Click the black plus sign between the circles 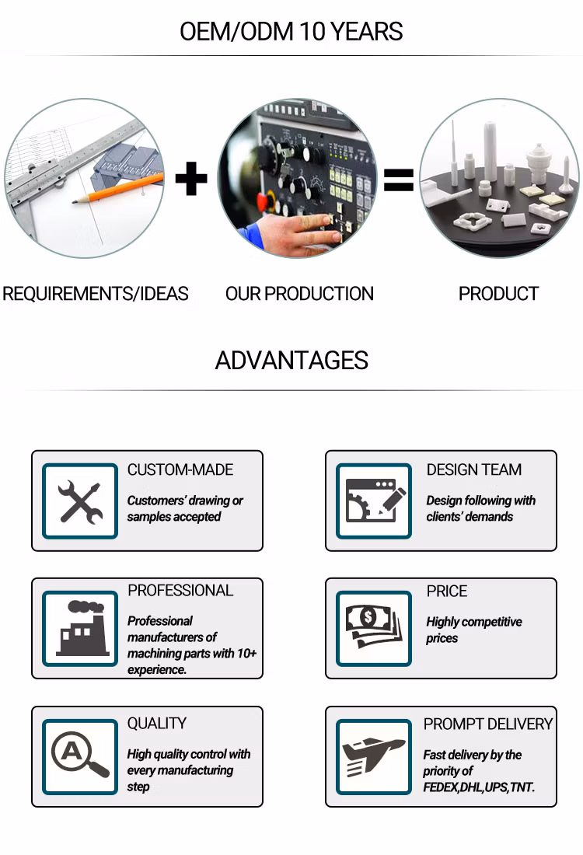pyautogui.click(x=191, y=178)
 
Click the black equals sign pyautogui.click(x=399, y=180)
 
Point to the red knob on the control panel pyautogui.click(x=263, y=202)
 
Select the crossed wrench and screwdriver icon pyautogui.click(x=80, y=501)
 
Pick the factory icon pyautogui.click(x=80, y=628)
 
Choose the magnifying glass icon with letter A pyautogui.click(x=80, y=756)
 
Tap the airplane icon pyautogui.click(x=374, y=757)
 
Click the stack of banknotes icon pyautogui.click(x=374, y=627)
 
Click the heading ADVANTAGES pyautogui.click(x=291, y=361)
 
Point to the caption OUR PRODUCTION pyautogui.click(x=299, y=294)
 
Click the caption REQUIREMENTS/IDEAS pyautogui.click(x=96, y=294)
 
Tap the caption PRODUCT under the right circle pyautogui.click(x=498, y=294)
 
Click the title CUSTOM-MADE pyautogui.click(x=180, y=469)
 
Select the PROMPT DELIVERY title pyautogui.click(x=488, y=724)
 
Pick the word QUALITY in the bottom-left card pyautogui.click(x=157, y=724)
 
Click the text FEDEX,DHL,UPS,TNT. pyautogui.click(x=479, y=787)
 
